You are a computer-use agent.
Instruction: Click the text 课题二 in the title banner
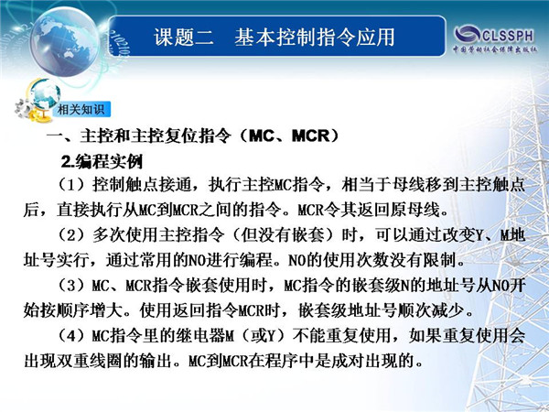click(x=184, y=38)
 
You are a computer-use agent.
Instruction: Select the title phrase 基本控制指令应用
click(x=315, y=38)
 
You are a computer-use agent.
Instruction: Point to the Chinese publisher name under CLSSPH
click(x=495, y=49)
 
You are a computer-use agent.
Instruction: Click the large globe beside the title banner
click(x=65, y=41)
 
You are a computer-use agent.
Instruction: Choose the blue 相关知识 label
click(x=81, y=109)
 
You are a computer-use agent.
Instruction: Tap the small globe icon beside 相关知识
click(x=44, y=92)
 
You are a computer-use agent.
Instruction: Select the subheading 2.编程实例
click(x=102, y=161)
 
